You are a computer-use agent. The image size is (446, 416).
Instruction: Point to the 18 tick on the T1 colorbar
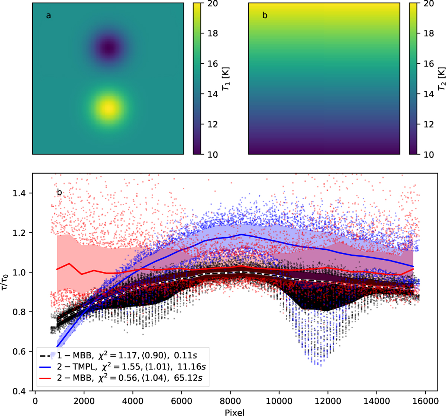[x=212, y=33]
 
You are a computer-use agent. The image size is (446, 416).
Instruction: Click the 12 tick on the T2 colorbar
[x=428, y=124]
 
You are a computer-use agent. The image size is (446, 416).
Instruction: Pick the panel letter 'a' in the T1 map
[x=48, y=16]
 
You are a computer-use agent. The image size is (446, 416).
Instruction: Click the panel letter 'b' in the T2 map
[x=265, y=16]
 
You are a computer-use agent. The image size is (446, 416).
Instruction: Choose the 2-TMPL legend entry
[x=123, y=366]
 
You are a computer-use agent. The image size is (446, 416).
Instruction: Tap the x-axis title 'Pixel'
[x=235, y=412]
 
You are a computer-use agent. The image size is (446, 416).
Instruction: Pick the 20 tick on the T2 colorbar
[x=428, y=3]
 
